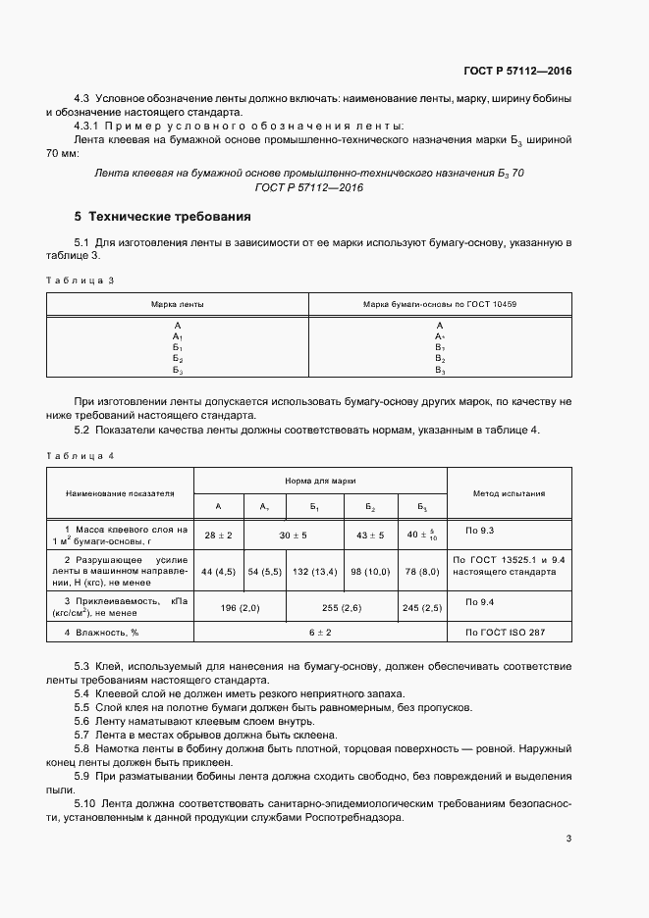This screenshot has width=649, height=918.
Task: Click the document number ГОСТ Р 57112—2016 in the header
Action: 518,72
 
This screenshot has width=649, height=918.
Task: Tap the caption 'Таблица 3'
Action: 81,280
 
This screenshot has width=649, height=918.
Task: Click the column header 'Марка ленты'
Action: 178,305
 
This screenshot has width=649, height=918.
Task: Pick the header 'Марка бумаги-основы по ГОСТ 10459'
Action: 440,305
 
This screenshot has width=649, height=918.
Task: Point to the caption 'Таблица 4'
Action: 81,455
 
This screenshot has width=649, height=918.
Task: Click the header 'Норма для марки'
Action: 320,482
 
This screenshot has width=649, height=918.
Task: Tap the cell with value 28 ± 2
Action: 218,535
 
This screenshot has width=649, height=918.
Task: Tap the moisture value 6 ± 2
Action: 320,633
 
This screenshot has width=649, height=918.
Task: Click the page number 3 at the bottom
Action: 568,838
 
